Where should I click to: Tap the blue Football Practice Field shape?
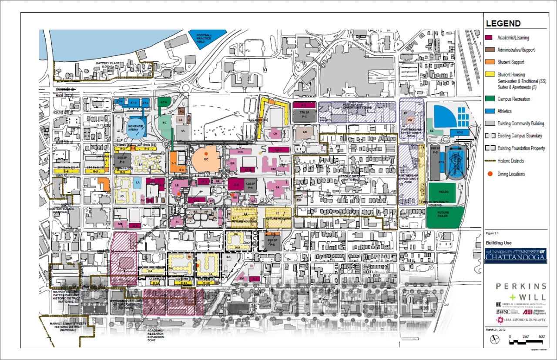click(x=205, y=38)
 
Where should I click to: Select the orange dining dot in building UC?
click(x=206, y=154)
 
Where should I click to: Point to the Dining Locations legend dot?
click(x=490, y=174)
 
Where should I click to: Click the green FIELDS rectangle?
click(x=442, y=192)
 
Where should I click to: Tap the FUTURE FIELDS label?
click(x=443, y=215)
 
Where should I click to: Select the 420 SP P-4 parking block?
click(x=250, y=185)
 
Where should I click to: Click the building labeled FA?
click(x=277, y=188)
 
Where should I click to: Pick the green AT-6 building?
click(x=163, y=103)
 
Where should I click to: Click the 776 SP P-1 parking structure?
click(x=304, y=114)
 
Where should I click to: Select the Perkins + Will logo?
click(x=521, y=291)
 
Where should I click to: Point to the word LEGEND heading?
click(x=503, y=24)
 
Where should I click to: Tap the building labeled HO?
click(x=240, y=152)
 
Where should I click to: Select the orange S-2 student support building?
click(x=173, y=161)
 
